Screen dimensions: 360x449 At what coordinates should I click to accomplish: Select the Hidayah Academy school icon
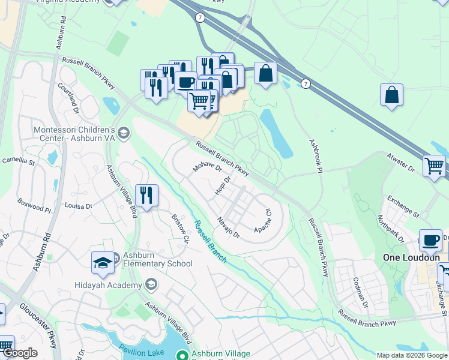point(151,284)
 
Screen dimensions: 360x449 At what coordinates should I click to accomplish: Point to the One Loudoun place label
point(408,257)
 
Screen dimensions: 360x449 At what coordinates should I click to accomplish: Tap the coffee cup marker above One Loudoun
point(430,239)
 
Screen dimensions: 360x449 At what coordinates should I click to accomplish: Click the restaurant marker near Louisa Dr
point(146,194)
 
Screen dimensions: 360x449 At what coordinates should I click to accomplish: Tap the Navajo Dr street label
point(229,227)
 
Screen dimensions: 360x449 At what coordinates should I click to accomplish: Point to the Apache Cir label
point(264,221)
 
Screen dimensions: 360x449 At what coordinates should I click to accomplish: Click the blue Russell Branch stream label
point(210,241)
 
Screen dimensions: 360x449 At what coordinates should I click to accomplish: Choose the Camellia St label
point(19,161)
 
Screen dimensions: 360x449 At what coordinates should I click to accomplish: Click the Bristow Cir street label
point(180,229)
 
